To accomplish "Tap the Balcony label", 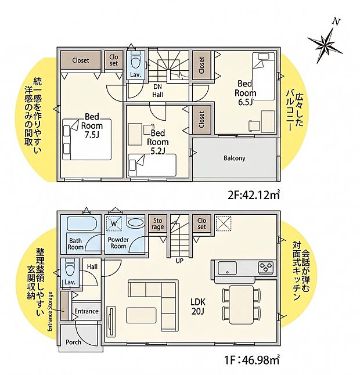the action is (235, 158).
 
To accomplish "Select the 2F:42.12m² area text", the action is (254, 196).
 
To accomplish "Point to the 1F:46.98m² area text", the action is (252, 360).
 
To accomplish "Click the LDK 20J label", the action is (198, 307).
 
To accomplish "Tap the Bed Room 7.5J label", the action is (92, 126).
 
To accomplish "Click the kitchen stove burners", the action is (265, 268).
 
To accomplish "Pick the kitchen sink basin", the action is (228, 268).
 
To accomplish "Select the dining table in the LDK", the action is (241, 305).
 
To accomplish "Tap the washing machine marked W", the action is (114, 223).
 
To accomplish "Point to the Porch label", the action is (73, 342).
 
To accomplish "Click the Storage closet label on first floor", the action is (157, 223).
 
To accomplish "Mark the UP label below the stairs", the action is (179, 261).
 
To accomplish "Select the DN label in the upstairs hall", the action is (157, 86).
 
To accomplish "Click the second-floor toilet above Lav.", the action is (136, 60).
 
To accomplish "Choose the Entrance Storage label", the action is (50, 312).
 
